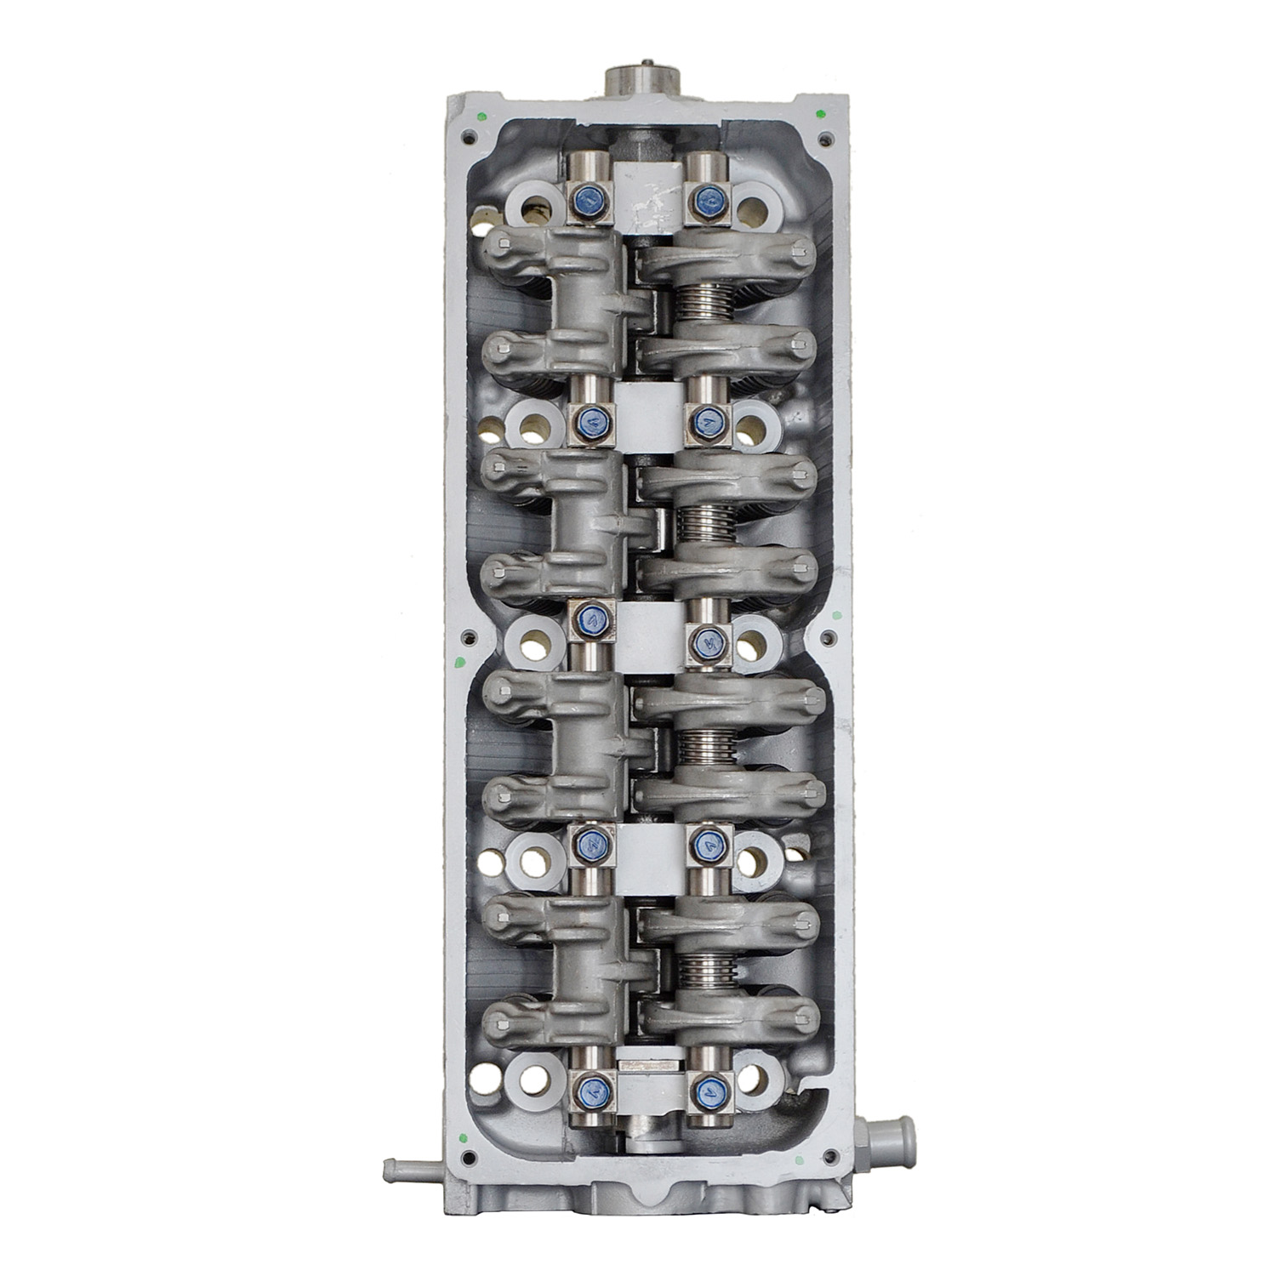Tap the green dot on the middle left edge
459,661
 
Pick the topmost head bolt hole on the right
751,206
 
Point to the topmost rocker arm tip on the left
504,246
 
